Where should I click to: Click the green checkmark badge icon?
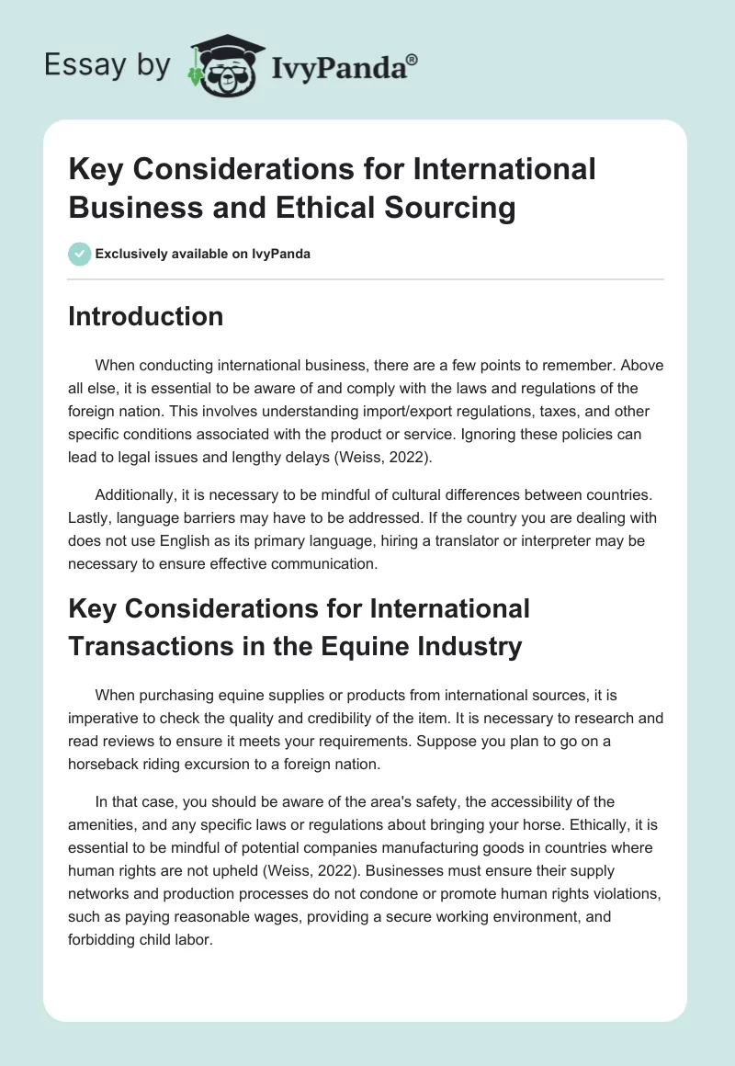[80, 254]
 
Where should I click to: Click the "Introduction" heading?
[145, 316]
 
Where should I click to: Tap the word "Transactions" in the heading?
[150, 646]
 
